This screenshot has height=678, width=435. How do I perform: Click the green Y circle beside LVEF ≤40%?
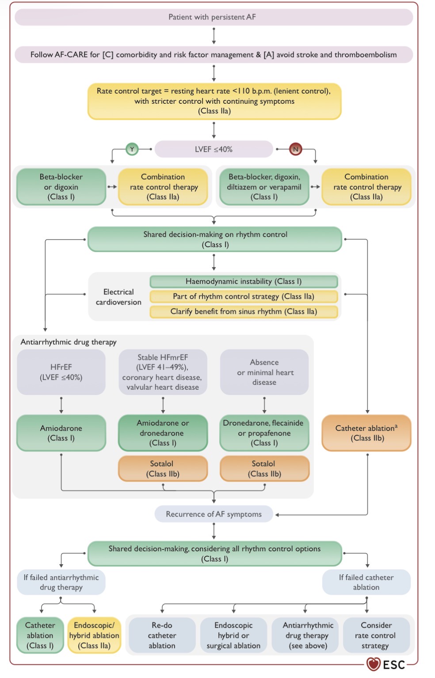[x=132, y=149]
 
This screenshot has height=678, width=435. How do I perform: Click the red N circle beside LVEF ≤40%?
[x=296, y=149]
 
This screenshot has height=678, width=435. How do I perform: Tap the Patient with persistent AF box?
[x=214, y=17]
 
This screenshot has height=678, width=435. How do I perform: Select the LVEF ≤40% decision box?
[x=214, y=149]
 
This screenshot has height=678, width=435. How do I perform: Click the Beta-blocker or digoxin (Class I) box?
[x=61, y=187]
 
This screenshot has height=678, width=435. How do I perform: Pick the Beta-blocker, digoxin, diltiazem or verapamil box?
[x=264, y=187]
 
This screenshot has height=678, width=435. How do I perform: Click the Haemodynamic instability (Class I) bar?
[x=244, y=282]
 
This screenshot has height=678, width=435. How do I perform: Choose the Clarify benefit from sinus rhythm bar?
[x=244, y=312]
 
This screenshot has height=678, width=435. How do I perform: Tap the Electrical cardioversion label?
[x=118, y=297]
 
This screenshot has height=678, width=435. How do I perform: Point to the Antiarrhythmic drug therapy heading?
[x=69, y=342]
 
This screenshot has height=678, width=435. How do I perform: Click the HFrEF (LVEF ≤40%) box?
[x=61, y=372]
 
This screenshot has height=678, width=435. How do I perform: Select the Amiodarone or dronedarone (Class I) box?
[x=163, y=433]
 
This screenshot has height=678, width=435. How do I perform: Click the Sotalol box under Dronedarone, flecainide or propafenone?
[x=264, y=468]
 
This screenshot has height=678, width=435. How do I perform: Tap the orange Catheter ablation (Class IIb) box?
[x=366, y=433]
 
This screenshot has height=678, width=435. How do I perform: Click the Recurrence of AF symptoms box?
[x=214, y=514]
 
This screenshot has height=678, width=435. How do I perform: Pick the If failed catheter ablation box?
[x=366, y=582]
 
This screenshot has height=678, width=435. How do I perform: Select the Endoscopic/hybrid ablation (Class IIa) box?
[x=94, y=635]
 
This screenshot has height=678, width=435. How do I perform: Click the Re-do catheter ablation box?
[x=162, y=635]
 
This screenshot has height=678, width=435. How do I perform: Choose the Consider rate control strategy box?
[x=376, y=635]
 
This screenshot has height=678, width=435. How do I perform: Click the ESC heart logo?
[x=373, y=664]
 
